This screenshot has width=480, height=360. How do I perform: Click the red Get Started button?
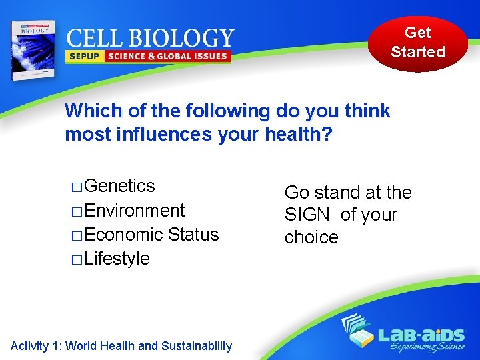(x=418, y=43)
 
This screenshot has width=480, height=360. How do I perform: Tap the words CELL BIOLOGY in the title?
(x=150, y=38)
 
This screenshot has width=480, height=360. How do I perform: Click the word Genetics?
(x=120, y=186)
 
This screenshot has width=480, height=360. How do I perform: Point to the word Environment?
(x=135, y=211)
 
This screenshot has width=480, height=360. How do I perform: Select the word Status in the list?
(x=193, y=235)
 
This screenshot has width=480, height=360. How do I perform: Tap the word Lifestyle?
(x=117, y=259)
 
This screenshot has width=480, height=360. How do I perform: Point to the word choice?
(x=311, y=238)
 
